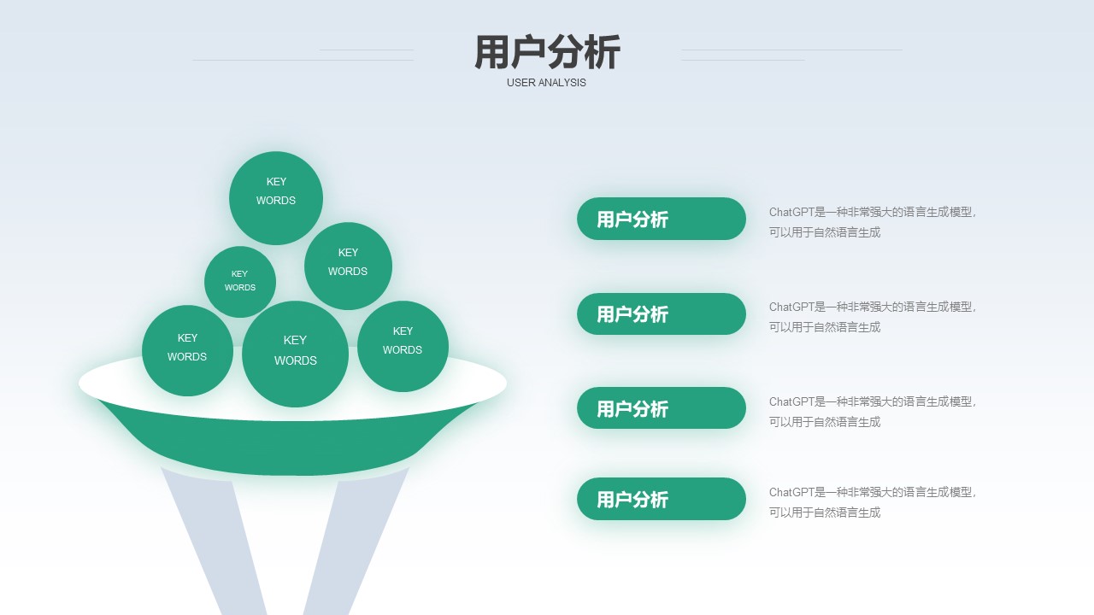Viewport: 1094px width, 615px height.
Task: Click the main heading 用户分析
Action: pyautogui.click(x=547, y=52)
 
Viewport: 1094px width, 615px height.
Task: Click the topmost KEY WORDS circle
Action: pyautogui.click(x=276, y=198)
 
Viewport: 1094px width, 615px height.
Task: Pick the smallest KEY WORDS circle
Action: pyautogui.click(x=240, y=282)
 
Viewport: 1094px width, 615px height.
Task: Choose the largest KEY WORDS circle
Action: pyautogui.click(x=295, y=354)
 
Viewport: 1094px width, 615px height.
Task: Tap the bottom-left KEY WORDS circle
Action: pyautogui.click(x=187, y=350)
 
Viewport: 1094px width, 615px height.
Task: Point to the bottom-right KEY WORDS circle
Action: pyautogui.click(x=403, y=346)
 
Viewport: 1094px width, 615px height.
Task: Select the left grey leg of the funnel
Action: pyautogui.click(x=215, y=542)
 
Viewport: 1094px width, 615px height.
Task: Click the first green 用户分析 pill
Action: pyautogui.click(x=662, y=219)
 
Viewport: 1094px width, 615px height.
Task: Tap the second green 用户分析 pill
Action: pyautogui.click(x=662, y=313)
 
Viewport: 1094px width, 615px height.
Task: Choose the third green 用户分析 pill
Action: pyautogui.click(x=662, y=408)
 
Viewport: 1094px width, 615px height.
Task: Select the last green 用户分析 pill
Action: pyautogui.click(x=662, y=499)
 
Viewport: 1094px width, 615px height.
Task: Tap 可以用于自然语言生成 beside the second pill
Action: pyautogui.click(x=825, y=327)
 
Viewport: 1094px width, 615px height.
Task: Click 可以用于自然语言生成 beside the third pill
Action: pyautogui.click(x=825, y=422)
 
